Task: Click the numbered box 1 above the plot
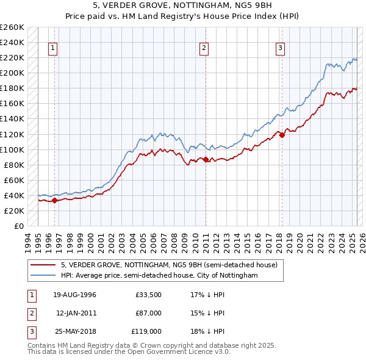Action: click(53, 49)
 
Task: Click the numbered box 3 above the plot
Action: click(280, 49)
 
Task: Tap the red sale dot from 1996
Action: click(54, 200)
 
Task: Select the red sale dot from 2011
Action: click(206, 159)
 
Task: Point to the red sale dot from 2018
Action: click(282, 135)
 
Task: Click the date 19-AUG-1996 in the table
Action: click(74, 295)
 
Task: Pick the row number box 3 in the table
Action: click(30, 331)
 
